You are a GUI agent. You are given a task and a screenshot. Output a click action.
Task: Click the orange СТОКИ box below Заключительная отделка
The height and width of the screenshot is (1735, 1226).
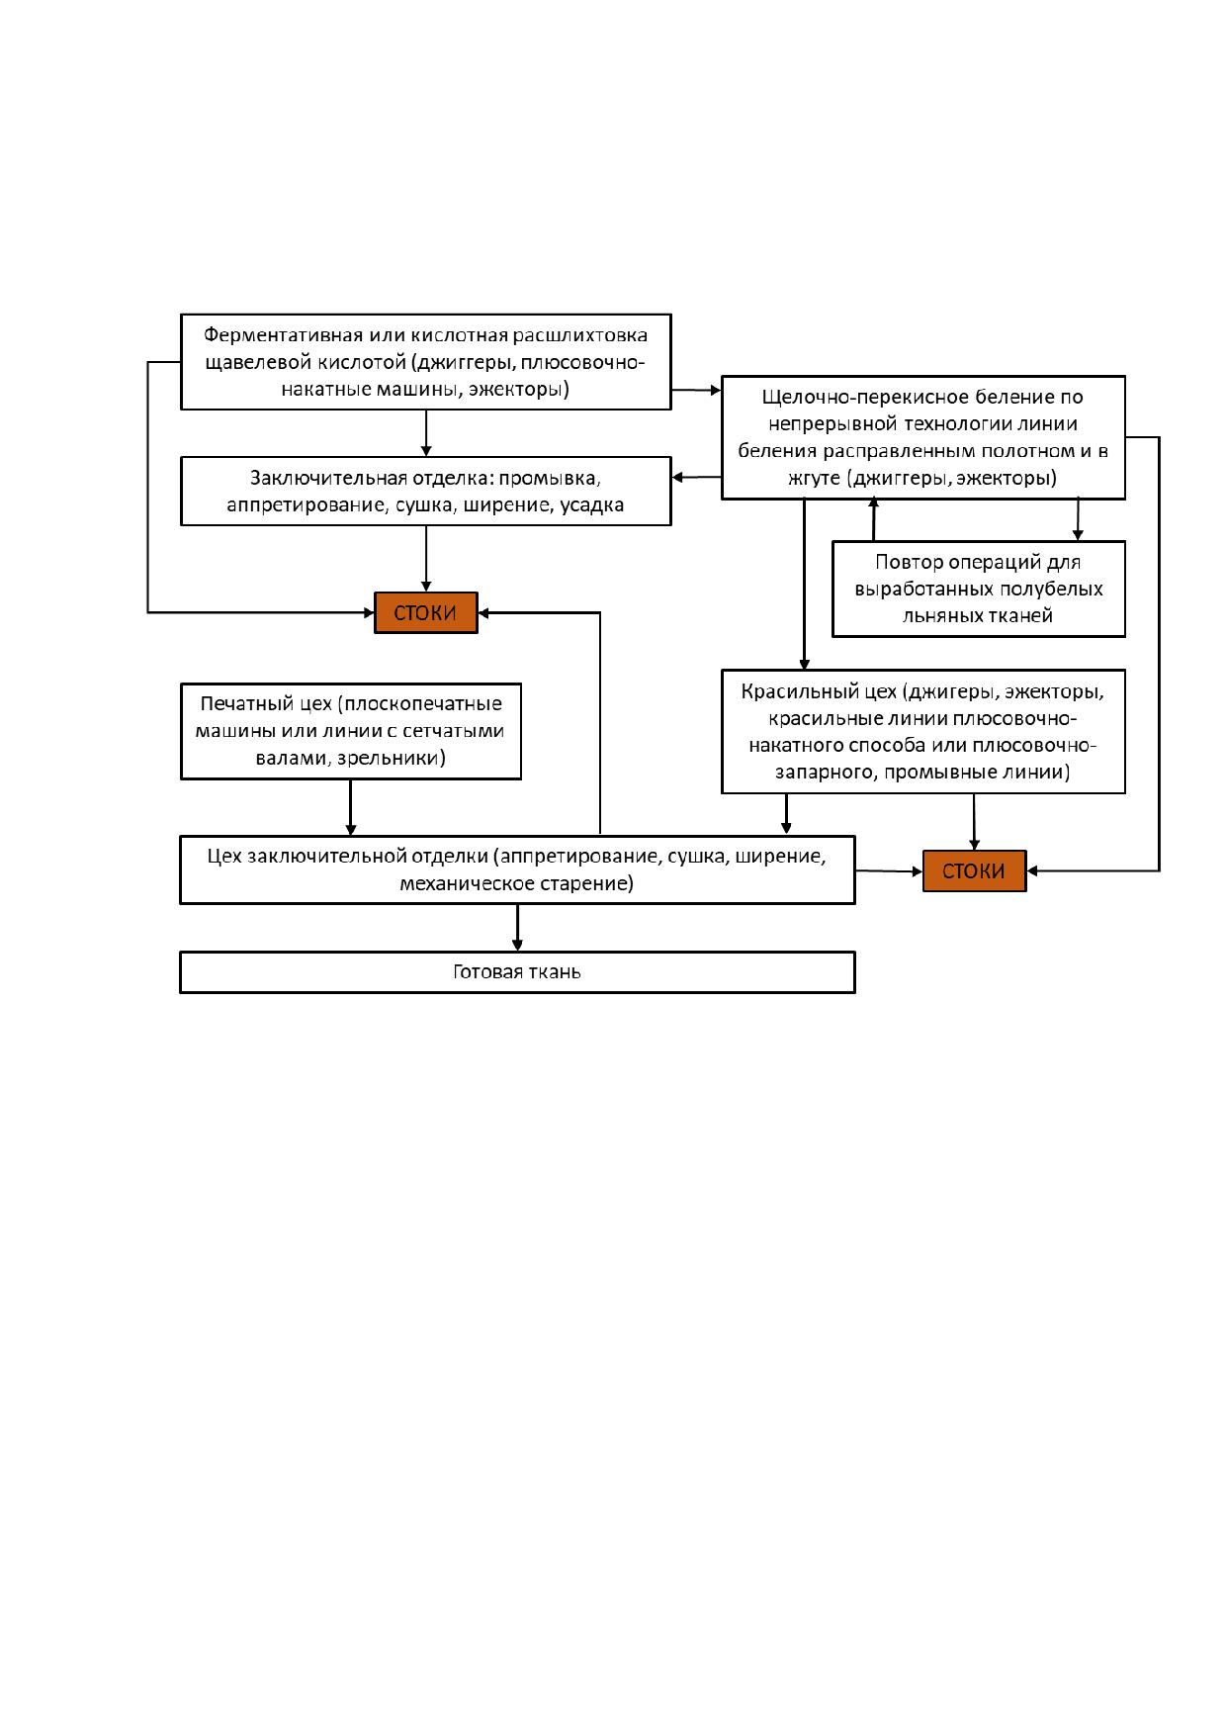click(425, 612)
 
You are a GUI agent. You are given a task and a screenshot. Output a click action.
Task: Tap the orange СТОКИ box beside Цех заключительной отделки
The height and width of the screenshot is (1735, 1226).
click(974, 870)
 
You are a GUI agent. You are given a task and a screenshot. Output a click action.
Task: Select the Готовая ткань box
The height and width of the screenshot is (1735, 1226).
click(517, 971)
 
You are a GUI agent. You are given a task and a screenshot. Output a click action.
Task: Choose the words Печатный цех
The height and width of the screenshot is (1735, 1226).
click(265, 703)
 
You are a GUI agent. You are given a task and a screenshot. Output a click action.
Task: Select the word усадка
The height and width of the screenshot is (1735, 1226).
click(592, 505)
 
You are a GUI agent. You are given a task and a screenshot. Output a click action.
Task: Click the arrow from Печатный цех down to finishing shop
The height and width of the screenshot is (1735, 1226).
click(350, 808)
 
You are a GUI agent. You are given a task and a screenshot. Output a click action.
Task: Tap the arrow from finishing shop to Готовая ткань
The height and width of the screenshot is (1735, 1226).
click(517, 928)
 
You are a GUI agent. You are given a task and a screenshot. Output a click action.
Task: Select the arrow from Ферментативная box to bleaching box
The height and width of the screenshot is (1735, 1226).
click(696, 391)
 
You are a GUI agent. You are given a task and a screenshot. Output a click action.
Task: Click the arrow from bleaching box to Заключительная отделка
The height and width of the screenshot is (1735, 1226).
click(696, 478)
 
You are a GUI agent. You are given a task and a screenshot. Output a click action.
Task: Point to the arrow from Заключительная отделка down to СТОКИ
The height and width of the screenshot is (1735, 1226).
click(426, 559)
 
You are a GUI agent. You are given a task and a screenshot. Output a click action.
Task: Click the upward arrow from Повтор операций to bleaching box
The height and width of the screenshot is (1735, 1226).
click(874, 519)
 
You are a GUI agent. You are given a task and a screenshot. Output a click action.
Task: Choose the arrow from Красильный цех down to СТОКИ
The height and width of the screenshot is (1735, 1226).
click(974, 822)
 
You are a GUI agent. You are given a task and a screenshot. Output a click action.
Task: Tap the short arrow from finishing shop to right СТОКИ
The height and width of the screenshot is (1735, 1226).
click(889, 871)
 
